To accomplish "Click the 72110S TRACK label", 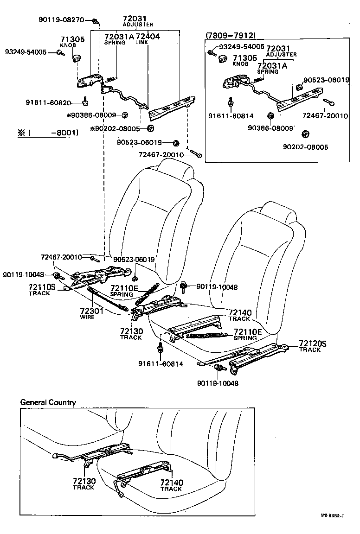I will (x=42, y=290).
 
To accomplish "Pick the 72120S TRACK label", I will (x=313, y=346).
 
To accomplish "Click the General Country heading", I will (x=48, y=402).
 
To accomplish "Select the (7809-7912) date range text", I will (x=231, y=35).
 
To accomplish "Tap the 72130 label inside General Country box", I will (x=84, y=483).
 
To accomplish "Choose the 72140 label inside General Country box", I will (x=171, y=485).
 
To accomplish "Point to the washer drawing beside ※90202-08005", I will (x=151, y=128).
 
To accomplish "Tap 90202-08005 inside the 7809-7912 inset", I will (x=305, y=147).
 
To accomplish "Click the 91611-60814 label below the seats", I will (x=161, y=364).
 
